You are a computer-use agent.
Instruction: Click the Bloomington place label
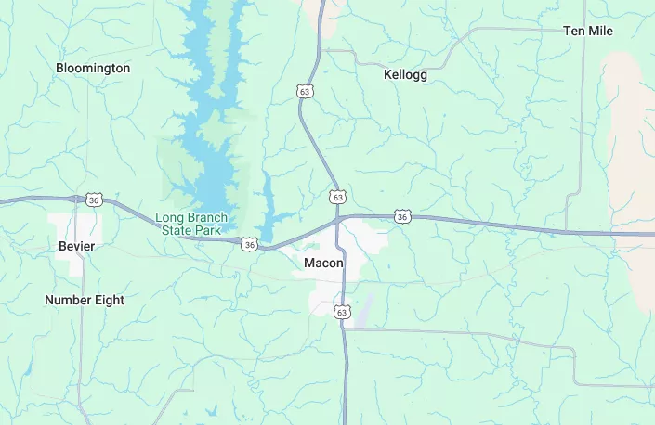93,68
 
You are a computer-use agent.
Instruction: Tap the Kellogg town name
405,74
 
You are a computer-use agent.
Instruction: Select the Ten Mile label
587,31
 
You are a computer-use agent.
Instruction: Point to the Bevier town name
76,246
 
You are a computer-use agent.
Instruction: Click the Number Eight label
85,300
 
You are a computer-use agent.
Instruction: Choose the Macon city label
323,263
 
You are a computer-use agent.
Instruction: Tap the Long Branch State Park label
191,223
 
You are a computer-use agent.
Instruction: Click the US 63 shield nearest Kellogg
305,91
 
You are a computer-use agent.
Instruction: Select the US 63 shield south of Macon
342,312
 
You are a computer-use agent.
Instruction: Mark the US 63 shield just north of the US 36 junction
336,197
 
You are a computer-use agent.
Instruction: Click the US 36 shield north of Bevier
93,199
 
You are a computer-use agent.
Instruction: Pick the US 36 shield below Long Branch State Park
249,244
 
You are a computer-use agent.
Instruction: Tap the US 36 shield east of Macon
401,216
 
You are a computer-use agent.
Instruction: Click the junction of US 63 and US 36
337,221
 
